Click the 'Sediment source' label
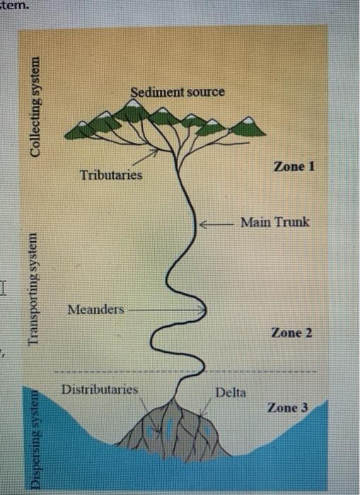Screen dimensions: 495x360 click(178, 92)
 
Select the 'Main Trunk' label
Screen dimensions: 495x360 click(274, 222)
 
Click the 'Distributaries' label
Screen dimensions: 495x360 click(100, 390)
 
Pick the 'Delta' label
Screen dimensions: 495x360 click(231, 392)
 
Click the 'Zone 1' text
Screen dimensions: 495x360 click(293, 167)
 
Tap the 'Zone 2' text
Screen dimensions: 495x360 click(291, 332)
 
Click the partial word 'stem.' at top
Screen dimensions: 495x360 click(16, 6)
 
